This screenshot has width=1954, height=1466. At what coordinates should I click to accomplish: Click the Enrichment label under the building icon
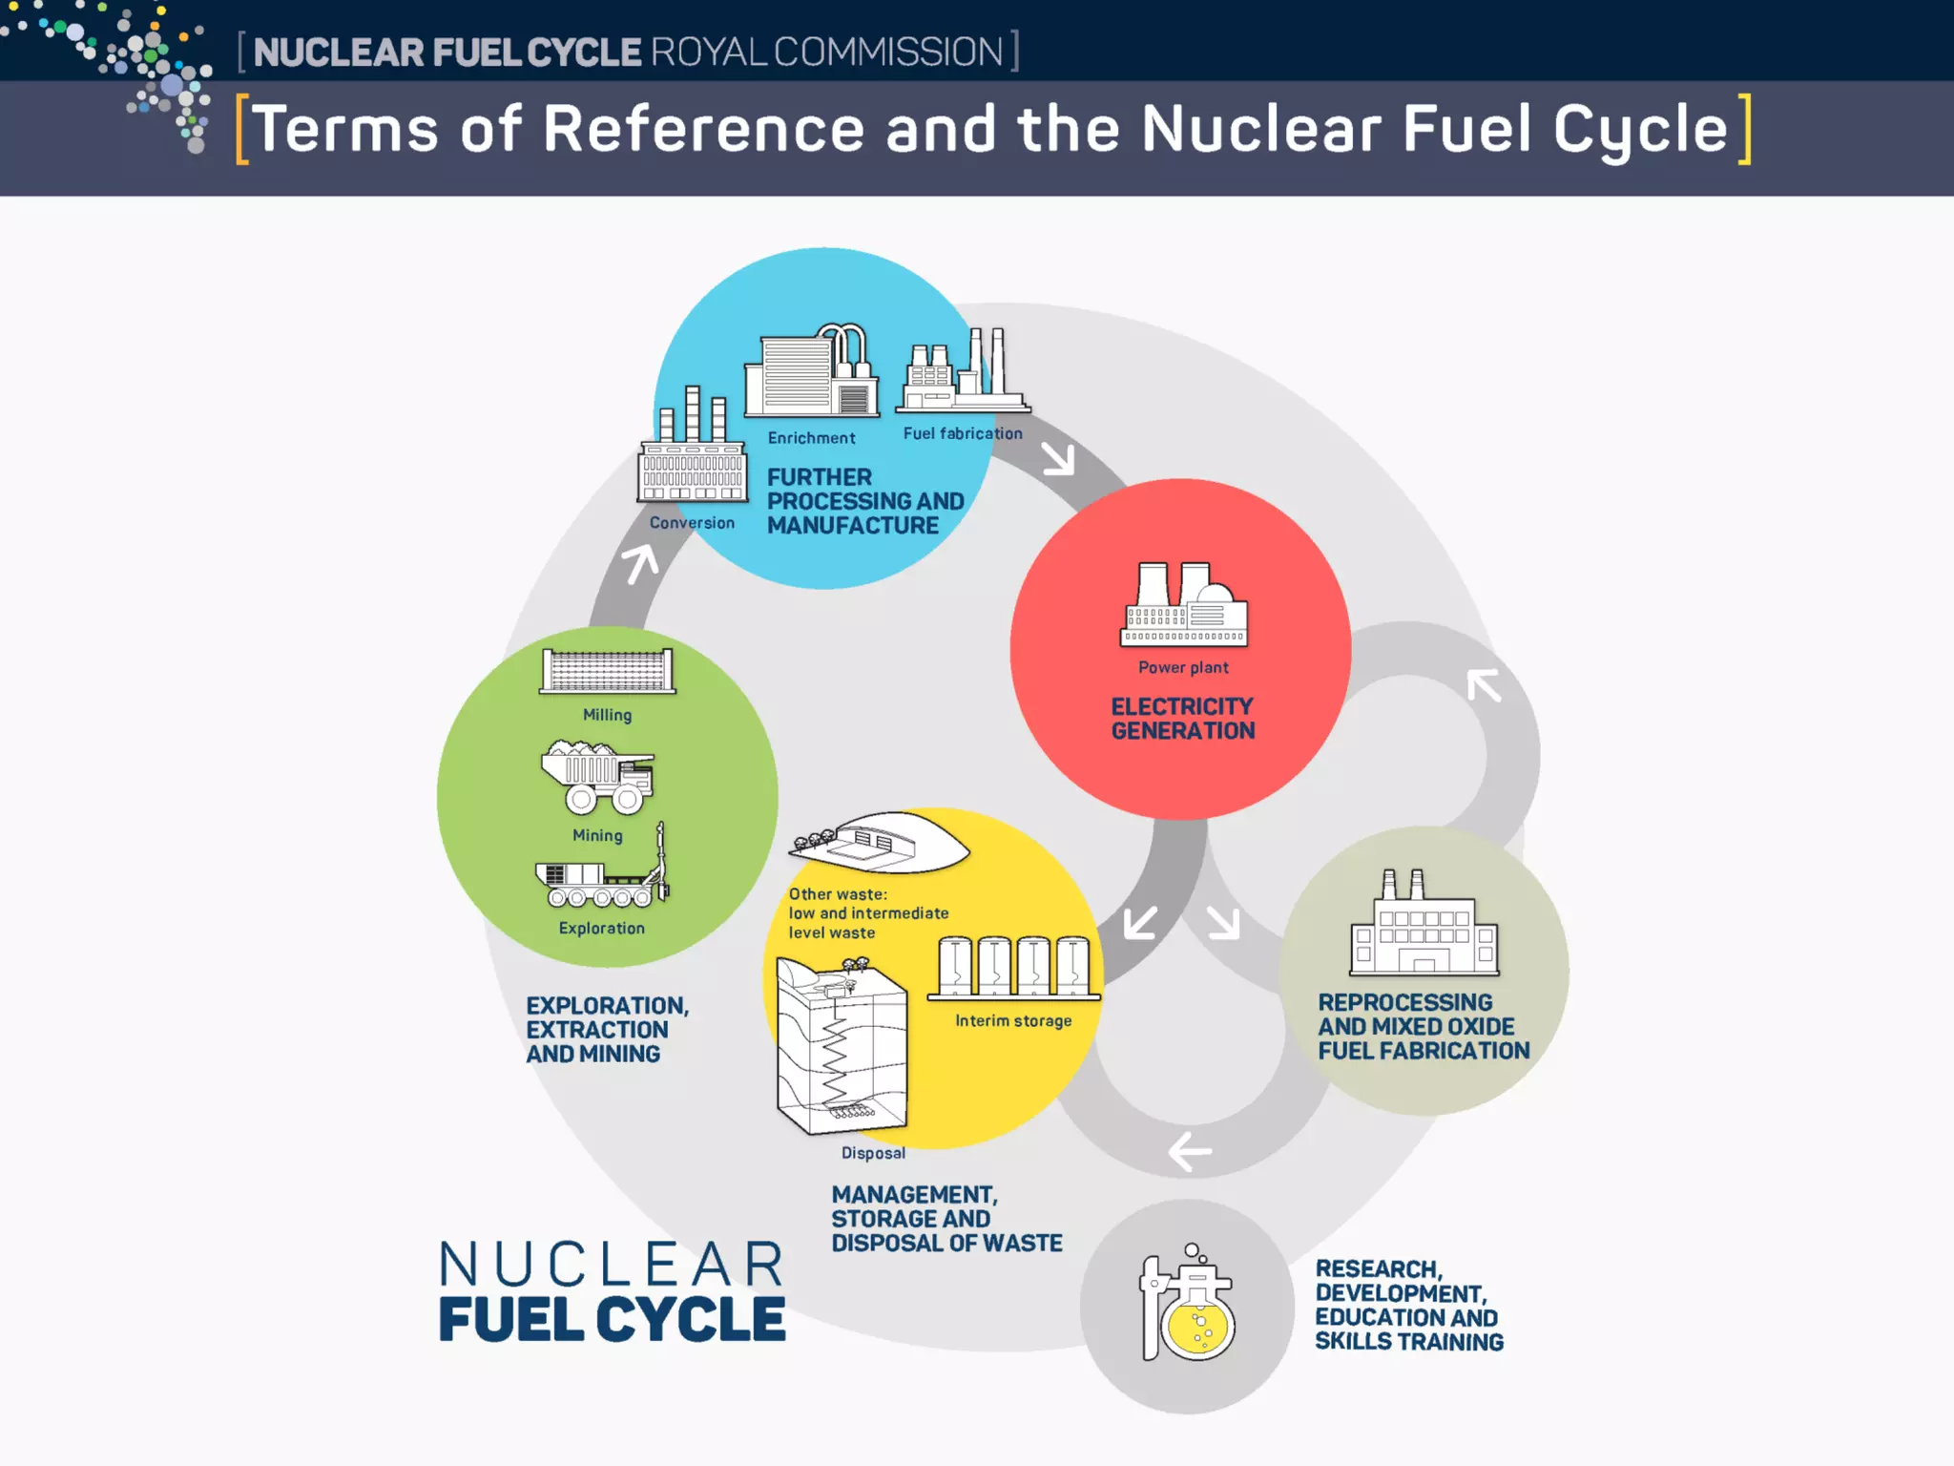click(811, 438)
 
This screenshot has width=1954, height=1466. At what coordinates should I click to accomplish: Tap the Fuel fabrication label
click(962, 433)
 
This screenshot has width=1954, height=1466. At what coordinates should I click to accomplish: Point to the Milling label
click(607, 715)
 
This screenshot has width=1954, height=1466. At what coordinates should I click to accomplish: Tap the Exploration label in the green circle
click(601, 928)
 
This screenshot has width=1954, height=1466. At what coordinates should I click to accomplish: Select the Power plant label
click(1183, 668)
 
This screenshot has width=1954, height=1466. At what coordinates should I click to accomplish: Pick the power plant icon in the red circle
click(1183, 605)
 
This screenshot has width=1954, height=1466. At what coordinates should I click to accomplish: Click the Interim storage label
click(1013, 1021)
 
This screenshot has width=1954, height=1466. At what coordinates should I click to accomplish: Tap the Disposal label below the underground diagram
click(873, 1153)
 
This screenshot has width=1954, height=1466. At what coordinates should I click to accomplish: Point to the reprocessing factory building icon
click(1424, 926)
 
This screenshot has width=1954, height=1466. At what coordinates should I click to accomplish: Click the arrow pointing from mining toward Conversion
click(641, 563)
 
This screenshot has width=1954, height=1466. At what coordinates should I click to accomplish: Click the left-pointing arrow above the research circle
click(1190, 1151)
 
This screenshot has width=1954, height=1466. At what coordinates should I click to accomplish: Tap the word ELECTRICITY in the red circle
click(1181, 706)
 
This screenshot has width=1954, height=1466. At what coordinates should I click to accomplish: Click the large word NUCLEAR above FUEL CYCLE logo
click(611, 1266)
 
